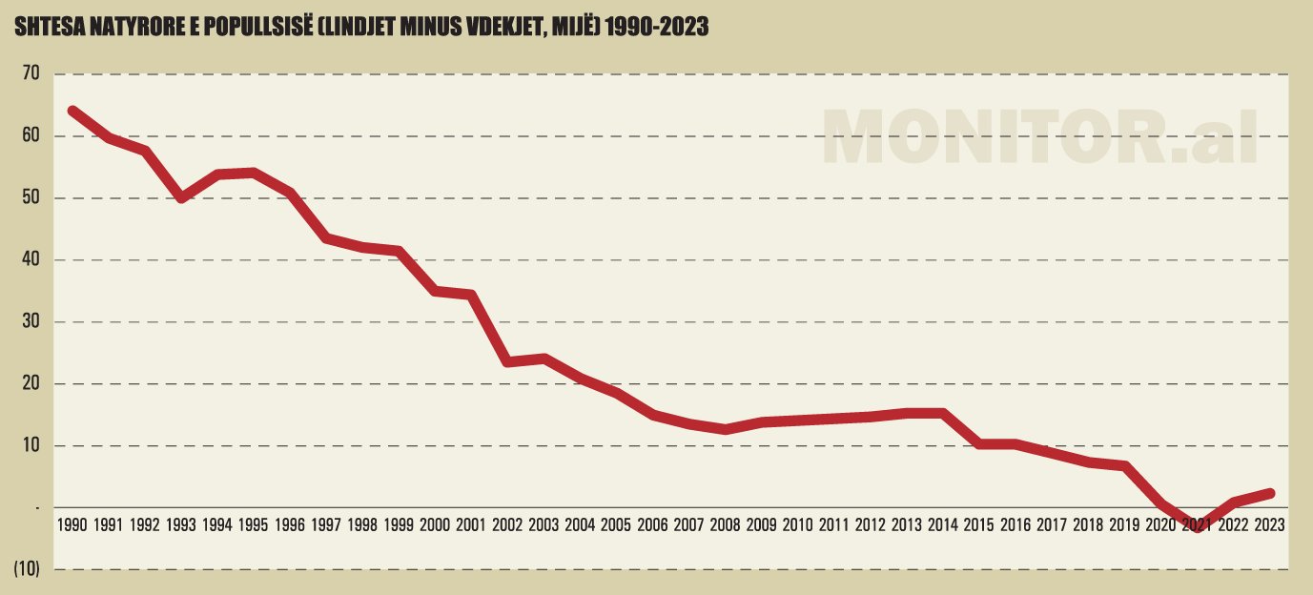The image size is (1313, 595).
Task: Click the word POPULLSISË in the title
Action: point(269,29)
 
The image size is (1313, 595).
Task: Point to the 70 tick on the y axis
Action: point(31,74)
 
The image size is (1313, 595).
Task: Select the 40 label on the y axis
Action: point(31,260)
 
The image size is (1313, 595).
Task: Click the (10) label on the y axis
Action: point(27,570)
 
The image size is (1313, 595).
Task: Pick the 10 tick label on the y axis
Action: point(31,446)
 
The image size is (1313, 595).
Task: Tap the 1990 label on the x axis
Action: point(72,525)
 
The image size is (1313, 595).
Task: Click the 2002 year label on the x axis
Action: point(507,525)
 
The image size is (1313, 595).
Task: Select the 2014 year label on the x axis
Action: point(942,525)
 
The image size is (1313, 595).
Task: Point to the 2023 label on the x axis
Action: point(1269,525)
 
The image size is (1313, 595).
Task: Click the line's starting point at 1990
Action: point(72,112)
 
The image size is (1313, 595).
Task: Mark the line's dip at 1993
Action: point(181,197)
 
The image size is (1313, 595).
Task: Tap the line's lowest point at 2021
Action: point(1197,527)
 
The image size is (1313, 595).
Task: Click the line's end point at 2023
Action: point(1269,493)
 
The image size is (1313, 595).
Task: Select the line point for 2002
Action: point(507,362)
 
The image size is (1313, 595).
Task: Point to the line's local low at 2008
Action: point(725,429)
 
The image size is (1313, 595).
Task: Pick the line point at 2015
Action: point(979,444)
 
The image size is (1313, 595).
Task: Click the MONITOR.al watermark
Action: point(1039,138)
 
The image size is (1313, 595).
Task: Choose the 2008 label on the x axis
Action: point(725,525)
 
